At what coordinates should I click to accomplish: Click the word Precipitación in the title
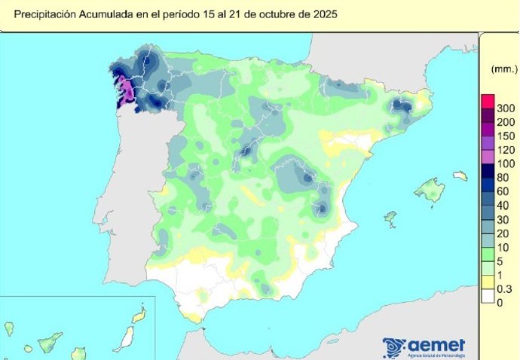[44, 14]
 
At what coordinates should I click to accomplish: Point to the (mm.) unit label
[500, 69]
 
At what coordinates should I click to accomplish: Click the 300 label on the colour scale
[506, 109]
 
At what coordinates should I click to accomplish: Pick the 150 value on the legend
[506, 136]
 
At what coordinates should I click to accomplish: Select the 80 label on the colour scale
[506, 177]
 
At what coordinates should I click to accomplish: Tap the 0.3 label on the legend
[506, 288]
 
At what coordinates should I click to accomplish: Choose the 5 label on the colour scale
[506, 261]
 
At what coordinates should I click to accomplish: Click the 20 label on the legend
[506, 233]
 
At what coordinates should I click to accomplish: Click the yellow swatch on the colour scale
[488, 282]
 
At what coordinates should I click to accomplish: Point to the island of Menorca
[460, 175]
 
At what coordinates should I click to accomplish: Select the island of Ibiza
[390, 218]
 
